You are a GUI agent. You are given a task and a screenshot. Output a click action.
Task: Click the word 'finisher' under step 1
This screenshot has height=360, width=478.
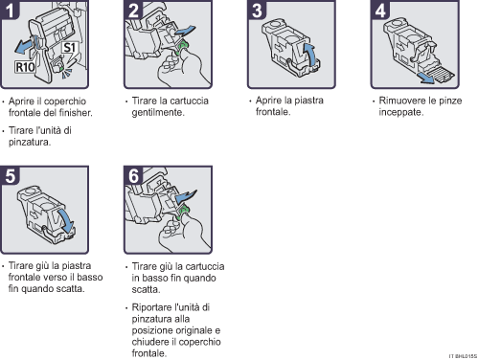71,112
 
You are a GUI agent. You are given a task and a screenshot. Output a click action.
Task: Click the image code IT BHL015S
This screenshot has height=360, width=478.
461,354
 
